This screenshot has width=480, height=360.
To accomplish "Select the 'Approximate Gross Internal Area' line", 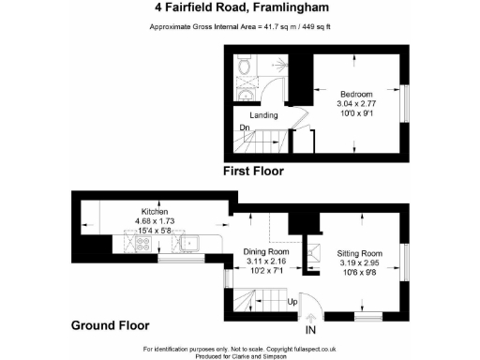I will (239, 26).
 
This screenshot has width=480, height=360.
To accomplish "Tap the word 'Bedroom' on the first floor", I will (356, 95).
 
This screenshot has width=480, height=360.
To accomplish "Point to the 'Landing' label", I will (262, 115).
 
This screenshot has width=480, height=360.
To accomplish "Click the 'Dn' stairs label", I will (244, 127).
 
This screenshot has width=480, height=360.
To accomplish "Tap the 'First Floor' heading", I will (252, 172).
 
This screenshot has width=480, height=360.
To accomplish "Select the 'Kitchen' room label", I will (155, 212).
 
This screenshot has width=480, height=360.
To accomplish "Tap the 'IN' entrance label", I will (310, 330).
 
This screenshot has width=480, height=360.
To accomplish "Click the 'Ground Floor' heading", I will (110, 326).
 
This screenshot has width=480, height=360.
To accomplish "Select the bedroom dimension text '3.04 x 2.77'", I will (356, 104).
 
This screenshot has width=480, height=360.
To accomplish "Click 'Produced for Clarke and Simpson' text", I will (239, 355).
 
